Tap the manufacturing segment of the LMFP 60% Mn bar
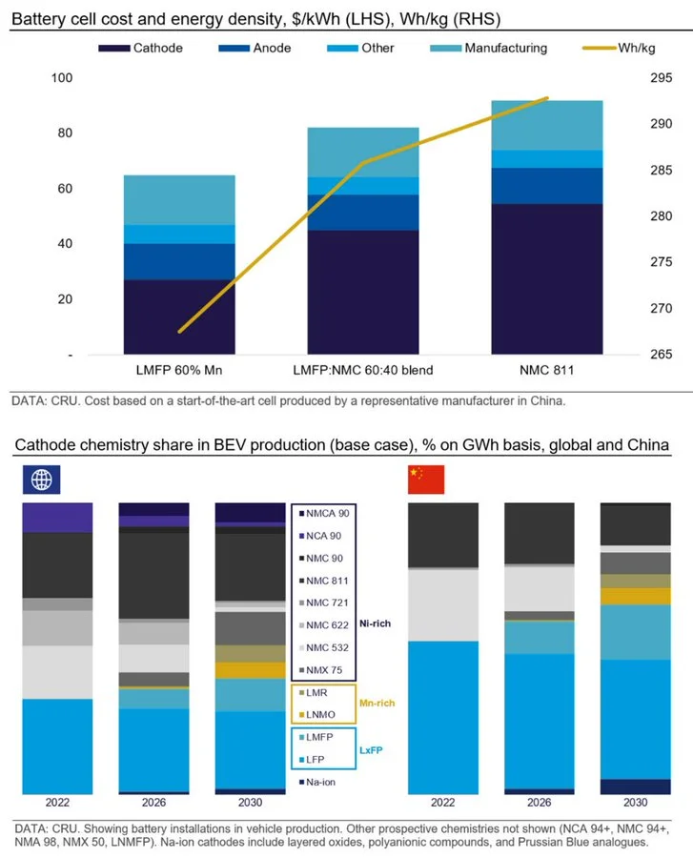pyautogui.click(x=179, y=199)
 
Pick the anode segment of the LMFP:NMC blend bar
pyautogui.click(x=363, y=213)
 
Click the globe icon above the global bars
pyautogui.click(x=42, y=479)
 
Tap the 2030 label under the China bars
pyautogui.click(x=629, y=803)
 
